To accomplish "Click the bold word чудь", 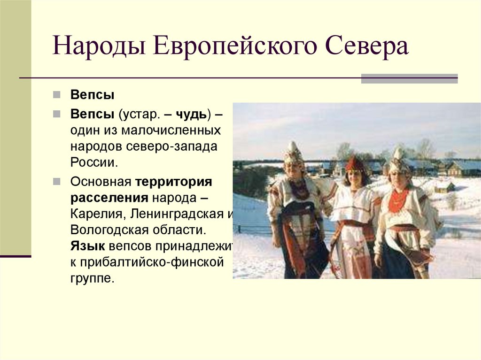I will point(190,114).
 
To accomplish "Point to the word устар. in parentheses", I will point(138,114).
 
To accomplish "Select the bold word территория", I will point(174,182).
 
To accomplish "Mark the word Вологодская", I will point(110,230).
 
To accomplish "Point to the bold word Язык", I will point(87,246).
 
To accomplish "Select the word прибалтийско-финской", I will point(153,262).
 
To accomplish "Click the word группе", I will point(92,278).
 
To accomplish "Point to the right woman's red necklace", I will point(398,199).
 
